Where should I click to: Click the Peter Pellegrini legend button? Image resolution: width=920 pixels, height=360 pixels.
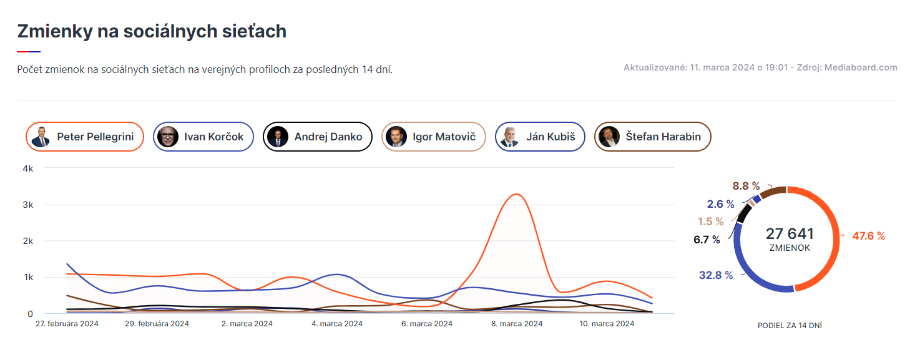85,137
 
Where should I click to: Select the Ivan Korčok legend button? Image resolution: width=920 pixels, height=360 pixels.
203,137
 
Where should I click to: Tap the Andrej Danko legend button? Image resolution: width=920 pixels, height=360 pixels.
318,137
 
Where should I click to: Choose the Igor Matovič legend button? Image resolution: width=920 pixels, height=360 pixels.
434,137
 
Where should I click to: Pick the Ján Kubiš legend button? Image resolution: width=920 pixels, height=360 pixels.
540,137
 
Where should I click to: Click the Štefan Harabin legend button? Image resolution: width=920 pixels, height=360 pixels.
653,137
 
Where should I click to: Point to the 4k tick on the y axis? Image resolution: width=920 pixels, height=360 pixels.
28,168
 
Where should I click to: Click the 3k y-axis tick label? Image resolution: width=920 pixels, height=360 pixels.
28,205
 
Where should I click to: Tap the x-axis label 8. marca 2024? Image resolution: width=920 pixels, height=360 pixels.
517,323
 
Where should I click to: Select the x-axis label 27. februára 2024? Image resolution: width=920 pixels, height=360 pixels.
67,323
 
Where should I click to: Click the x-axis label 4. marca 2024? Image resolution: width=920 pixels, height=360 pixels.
337,323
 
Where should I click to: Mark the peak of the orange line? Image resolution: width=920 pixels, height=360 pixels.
516,194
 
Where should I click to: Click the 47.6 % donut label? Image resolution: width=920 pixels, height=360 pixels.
869,236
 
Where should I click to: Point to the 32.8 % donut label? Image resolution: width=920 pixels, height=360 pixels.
716,275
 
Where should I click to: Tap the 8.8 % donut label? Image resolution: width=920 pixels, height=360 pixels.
746,186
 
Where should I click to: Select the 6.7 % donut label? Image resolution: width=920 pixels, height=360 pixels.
707,240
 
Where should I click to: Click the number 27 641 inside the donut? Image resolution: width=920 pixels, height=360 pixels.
790,233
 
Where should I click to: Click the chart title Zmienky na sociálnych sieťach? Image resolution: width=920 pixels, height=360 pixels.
152,31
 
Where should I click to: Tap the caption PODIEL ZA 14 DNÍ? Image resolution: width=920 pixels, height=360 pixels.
790,326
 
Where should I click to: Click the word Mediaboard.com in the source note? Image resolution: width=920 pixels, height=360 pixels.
861,67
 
